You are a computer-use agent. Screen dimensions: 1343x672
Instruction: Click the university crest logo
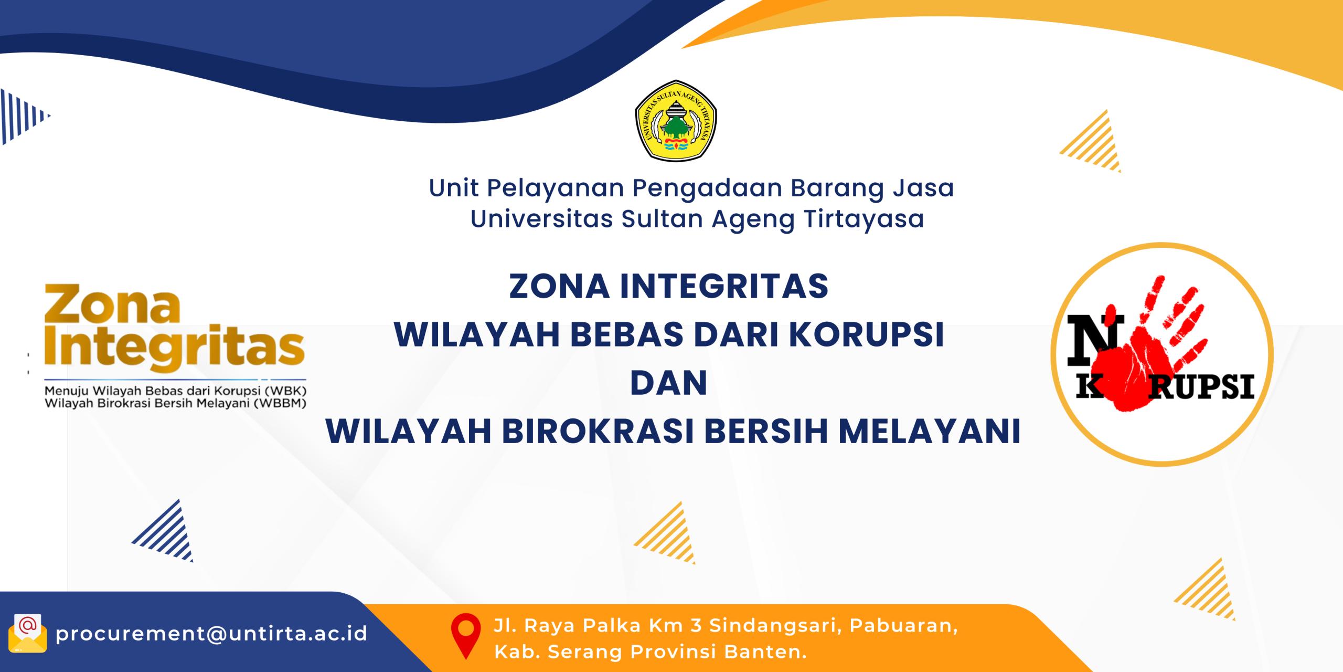click(676, 121)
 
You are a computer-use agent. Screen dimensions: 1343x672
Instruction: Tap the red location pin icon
click(466, 636)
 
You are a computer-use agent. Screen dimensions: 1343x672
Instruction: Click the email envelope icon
click(28, 633)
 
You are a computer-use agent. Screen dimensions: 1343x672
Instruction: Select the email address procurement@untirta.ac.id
click(211, 634)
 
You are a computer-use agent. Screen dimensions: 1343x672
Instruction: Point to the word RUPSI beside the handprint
click(1201, 387)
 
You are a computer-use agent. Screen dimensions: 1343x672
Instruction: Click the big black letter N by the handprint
click(1095, 340)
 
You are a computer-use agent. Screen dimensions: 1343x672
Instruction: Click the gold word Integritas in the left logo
click(174, 346)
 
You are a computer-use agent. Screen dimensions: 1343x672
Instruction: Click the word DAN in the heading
click(669, 383)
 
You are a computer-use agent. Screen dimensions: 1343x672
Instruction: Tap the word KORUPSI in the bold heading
click(866, 334)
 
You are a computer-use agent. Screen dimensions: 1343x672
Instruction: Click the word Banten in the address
click(765, 652)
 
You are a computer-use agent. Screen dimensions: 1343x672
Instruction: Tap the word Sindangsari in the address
click(776, 626)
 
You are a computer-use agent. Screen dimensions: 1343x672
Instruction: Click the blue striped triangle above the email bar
click(163, 530)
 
